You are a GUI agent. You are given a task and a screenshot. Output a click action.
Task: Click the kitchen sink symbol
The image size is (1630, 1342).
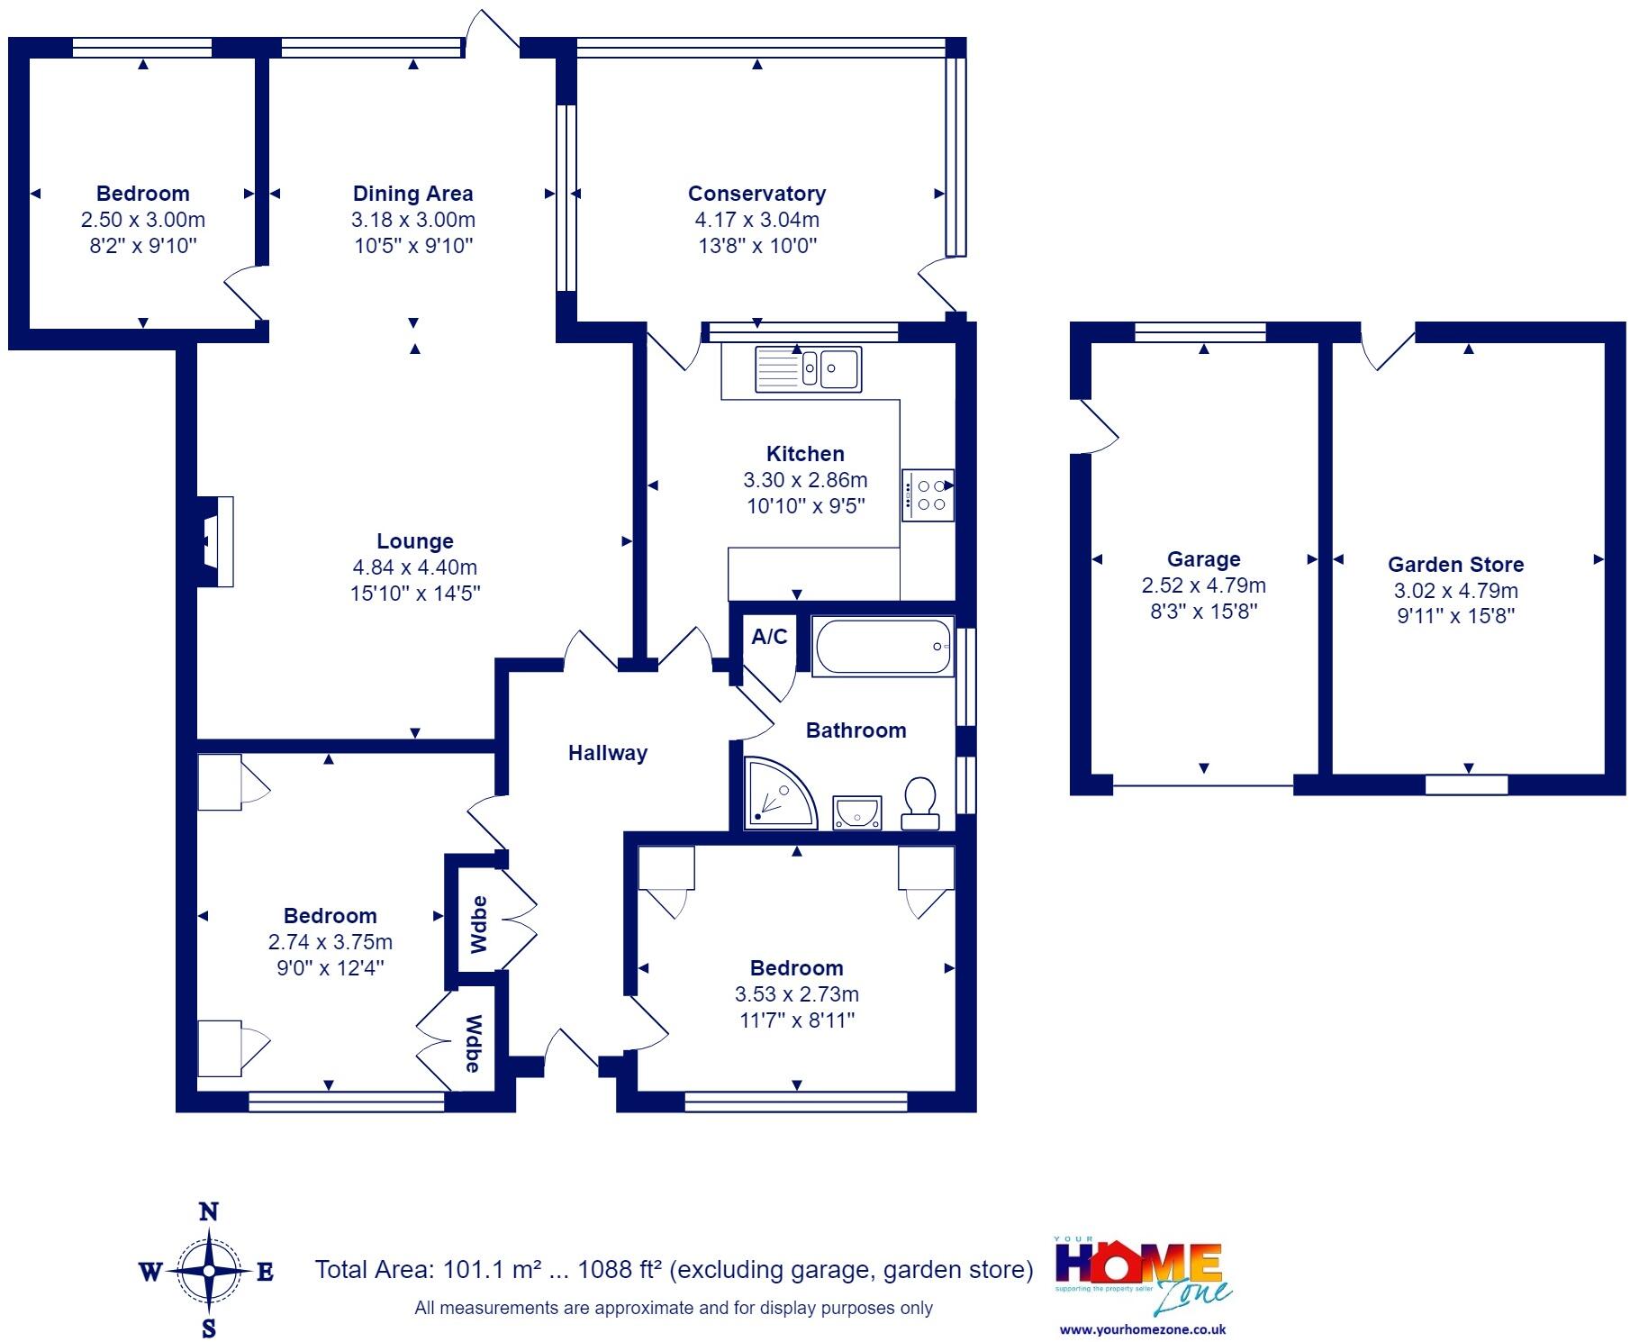809,367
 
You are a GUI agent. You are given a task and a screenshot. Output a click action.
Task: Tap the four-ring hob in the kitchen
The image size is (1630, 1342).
928,494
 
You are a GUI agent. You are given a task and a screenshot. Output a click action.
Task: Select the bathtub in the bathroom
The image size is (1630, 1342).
883,646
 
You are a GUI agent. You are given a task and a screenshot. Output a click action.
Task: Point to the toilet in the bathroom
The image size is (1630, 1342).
920,802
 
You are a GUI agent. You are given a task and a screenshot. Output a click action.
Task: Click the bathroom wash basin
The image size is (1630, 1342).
856,812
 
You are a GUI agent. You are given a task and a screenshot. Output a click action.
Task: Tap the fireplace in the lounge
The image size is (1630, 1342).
216,541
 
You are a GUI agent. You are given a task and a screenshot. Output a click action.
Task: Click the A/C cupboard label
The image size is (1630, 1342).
769,637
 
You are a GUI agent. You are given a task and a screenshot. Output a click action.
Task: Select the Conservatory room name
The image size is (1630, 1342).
756,194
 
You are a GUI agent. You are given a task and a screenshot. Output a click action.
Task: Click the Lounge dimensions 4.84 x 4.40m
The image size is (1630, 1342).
414,567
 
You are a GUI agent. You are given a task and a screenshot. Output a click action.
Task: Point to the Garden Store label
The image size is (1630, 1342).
1455,565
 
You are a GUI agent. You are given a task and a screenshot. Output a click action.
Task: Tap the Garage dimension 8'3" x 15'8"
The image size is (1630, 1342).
1203,612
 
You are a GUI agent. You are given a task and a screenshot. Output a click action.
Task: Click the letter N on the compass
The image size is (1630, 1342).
208,1212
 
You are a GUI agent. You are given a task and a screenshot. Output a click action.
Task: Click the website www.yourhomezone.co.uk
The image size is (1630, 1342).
1142,1329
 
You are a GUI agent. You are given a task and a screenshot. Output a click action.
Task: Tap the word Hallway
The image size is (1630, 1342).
607,753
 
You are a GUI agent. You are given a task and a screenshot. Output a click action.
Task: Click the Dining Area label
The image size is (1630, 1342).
412,194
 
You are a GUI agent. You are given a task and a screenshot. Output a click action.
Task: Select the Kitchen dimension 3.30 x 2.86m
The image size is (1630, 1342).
805,480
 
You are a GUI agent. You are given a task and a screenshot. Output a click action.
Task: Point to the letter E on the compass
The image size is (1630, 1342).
265,1272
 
